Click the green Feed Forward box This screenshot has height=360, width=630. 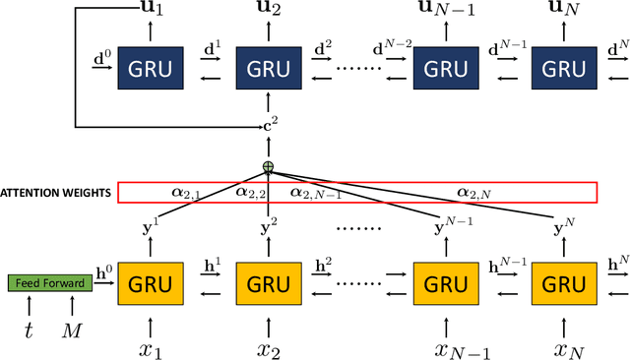[x=49, y=284]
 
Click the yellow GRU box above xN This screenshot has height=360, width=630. [x=564, y=285]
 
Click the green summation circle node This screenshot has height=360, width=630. [x=268, y=167]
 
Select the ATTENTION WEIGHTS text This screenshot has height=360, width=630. [x=55, y=193]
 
